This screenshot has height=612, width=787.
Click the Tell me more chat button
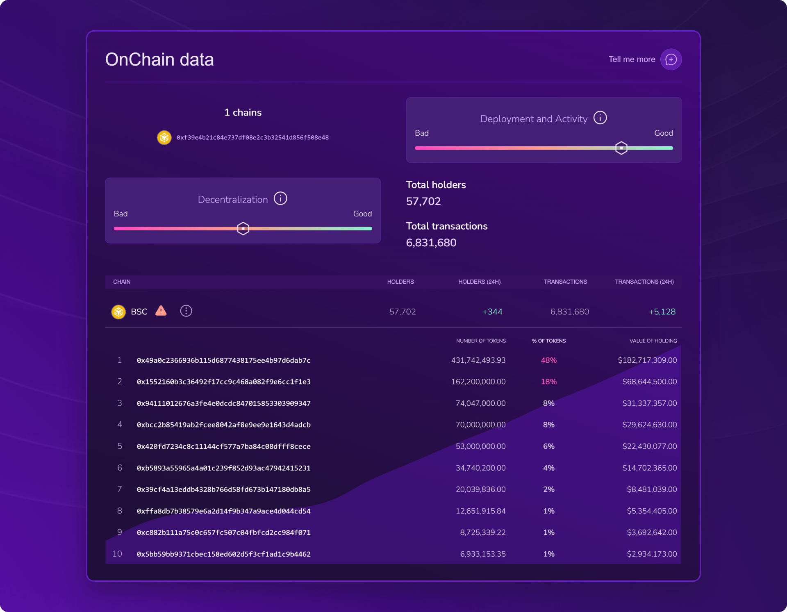point(671,59)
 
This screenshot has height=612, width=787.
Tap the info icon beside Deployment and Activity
point(600,118)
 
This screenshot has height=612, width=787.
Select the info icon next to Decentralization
point(280,199)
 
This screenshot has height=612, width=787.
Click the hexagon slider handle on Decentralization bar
point(243,228)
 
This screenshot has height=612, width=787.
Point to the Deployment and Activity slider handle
point(621,148)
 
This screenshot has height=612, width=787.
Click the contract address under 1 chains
point(252,138)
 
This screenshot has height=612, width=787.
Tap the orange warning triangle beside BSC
point(161,311)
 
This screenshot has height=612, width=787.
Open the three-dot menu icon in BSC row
point(186,311)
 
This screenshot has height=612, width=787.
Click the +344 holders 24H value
point(492,312)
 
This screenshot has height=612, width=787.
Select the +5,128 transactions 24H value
point(662,312)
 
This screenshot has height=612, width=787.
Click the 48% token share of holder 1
point(548,360)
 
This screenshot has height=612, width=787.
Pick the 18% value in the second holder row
point(548,382)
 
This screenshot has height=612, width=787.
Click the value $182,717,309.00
point(647,360)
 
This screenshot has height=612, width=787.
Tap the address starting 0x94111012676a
point(223,403)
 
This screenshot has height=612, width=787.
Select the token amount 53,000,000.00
point(480,446)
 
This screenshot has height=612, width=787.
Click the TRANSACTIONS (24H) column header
point(644,282)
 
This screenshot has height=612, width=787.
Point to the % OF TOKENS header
point(548,341)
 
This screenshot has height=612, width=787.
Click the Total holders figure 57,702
point(423,201)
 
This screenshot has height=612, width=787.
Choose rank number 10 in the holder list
point(117,554)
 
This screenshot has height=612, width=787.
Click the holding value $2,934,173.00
point(652,554)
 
